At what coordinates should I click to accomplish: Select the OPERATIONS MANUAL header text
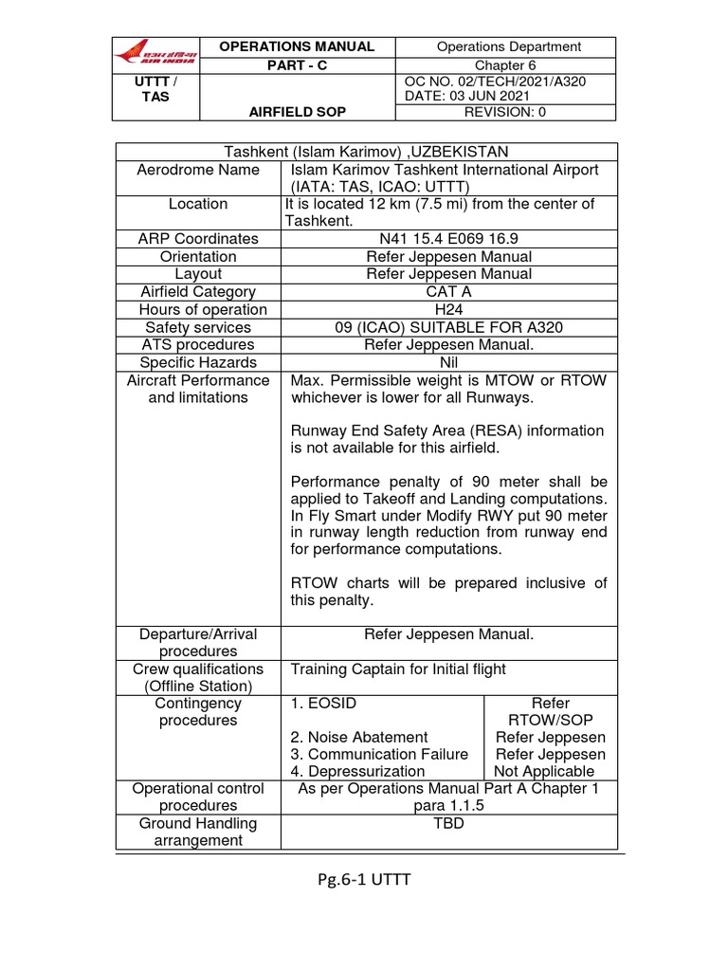pyautogui.click(x=297, y=46)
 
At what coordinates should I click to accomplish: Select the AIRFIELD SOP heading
pyautogui.click(x=297, y=112)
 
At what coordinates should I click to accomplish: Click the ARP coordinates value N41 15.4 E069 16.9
pyautogui.click(x=449, y=239)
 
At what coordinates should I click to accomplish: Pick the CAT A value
pyautogui.click(x=449, y=292)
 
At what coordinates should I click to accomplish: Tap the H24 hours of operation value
pyautogui.click(x=449, y=310)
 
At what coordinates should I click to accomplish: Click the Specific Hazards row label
pyautogui.click(x=198, y=362)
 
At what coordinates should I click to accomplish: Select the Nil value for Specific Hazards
pyautogui.click(x=449, y=362)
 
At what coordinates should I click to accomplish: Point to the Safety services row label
pyautogui.click(x=198, y=327)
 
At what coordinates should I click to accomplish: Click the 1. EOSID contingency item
pyautogui.click(x=324, y=704)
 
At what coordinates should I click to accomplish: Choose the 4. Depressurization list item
pyautogui.click(x=357, y=772)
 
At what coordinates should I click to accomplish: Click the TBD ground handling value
pyautogui.click(x=449, y=824)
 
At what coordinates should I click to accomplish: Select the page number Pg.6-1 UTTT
pyautogui.click(x=365, y=880)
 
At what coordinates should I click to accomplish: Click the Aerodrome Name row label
pyautogui.click(x=198, y=170)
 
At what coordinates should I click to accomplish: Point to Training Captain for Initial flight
pyautogui.click(x=398, y=669)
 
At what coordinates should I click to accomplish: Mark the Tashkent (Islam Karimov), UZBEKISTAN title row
pyautogui.click(x=366, y=152)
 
